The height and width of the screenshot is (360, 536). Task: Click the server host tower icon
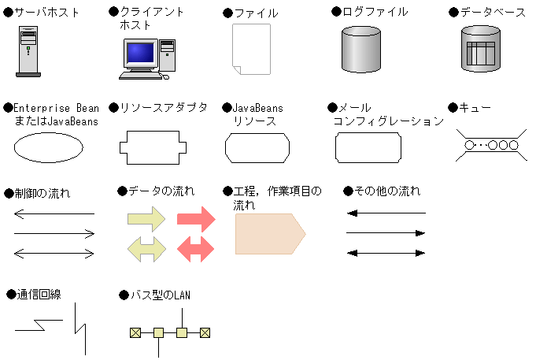[28, 50]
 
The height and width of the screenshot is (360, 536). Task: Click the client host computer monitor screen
[140, 53]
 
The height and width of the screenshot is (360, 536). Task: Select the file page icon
[250, 49]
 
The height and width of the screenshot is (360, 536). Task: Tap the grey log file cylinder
[361, 48]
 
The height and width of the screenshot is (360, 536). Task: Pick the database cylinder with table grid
[479, 49]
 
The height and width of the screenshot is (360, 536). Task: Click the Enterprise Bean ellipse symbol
[48, 147]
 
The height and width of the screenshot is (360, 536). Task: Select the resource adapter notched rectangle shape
[153, 147]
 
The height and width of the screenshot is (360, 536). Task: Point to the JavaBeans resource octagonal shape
[257, 147]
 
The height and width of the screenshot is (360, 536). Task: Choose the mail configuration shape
[368, 147]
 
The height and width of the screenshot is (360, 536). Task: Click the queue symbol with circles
[491, 146]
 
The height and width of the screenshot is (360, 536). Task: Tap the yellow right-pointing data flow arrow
[146, 220]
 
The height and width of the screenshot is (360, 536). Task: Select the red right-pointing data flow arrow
[196, 220]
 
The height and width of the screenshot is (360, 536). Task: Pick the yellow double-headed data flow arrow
[146, 249]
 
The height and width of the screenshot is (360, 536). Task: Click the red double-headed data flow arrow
[196, 249]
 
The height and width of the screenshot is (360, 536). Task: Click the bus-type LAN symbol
[170, 332]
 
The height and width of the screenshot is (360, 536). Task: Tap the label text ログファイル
[375, 12]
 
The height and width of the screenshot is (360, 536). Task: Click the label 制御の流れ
[42, 193]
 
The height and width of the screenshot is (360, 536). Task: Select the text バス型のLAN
[159, 295]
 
